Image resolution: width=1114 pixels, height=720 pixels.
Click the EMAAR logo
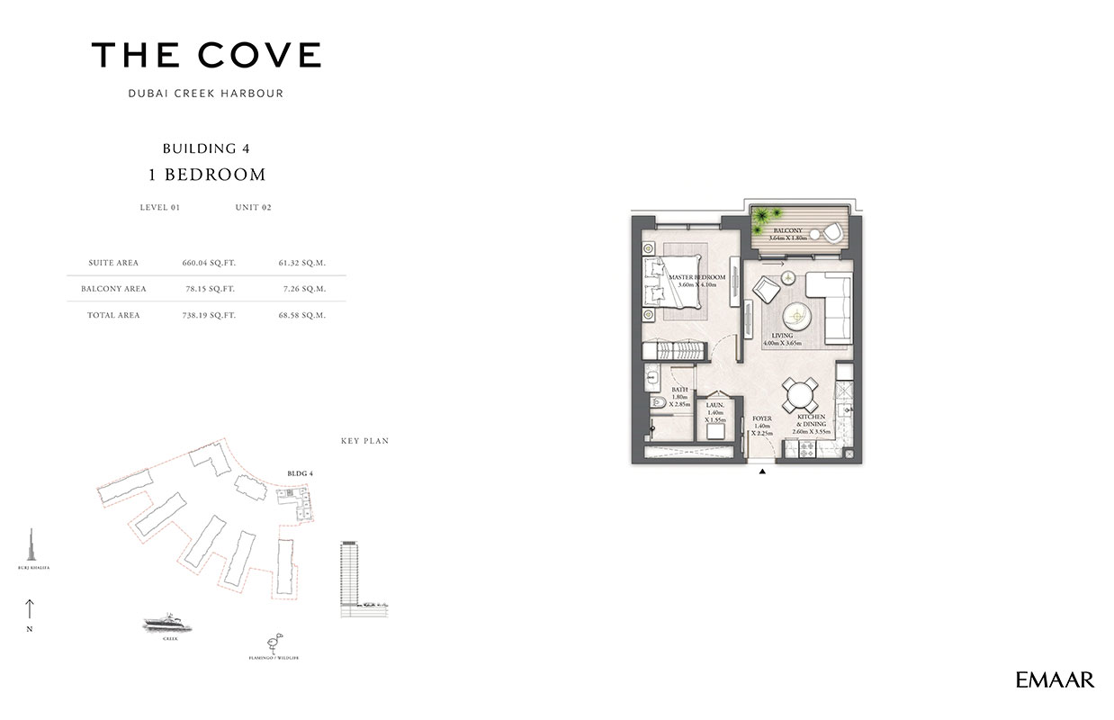click(1055, 680)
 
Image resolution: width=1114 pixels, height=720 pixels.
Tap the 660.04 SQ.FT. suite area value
click(208, 263)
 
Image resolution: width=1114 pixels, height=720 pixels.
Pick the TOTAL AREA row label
click(114, 316)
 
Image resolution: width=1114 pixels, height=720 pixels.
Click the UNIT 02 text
click(253, 207)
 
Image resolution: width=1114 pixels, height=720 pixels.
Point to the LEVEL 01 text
click(160, 207)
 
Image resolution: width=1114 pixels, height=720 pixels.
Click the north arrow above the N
click(30, 608)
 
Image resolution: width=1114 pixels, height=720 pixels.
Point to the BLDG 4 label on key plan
click(299, 472)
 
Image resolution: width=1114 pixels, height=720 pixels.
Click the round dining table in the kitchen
click(798, 393)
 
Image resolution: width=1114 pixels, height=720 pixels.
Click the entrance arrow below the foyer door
click(762, 470)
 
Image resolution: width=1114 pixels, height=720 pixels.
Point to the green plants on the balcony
click(766, 218)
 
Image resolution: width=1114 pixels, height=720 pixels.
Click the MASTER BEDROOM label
click(697, 277)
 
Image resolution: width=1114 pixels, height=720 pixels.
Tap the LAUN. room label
click(716, 406)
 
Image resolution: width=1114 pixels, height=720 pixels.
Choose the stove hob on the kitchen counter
click(800, 449)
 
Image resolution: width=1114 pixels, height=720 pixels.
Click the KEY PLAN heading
click(364, 441)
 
